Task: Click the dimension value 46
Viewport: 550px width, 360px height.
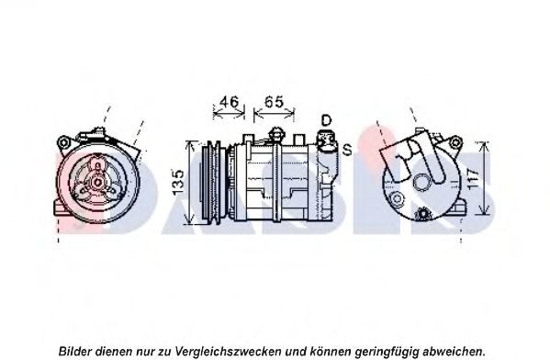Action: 229,102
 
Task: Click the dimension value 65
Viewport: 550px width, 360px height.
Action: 274,102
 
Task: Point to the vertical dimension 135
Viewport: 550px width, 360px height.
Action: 178,182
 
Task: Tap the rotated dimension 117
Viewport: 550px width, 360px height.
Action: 473,179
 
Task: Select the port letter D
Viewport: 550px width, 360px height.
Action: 326,120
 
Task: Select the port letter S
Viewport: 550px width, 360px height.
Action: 347,150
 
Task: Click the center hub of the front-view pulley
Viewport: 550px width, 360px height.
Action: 97,182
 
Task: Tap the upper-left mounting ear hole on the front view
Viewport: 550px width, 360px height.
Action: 64,143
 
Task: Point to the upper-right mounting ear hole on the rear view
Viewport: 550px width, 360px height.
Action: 455,142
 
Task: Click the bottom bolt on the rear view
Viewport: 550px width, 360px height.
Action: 422,214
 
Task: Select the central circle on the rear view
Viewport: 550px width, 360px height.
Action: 421,183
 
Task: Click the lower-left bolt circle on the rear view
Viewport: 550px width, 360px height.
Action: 397,199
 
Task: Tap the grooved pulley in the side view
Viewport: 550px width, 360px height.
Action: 211,183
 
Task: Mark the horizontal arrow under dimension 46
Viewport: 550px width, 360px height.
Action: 229,113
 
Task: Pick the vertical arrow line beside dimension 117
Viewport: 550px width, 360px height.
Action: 484,178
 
